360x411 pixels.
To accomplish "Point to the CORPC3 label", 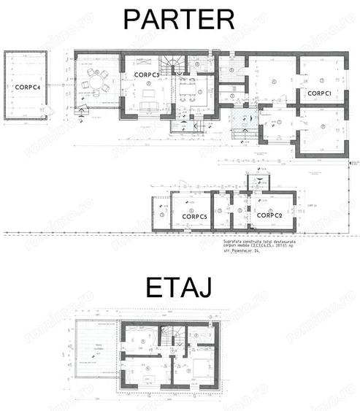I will click(x=148, y=75).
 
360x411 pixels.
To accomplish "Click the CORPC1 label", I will click(x=321, y=93).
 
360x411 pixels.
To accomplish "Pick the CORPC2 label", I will click(x=269, y=215).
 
